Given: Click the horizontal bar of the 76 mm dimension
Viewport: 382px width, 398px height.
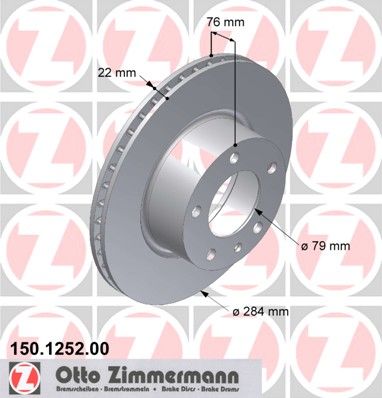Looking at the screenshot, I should (x=222, y=37).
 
